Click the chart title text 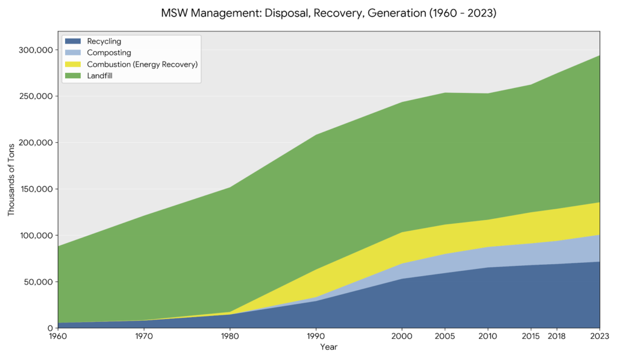click(329, 13)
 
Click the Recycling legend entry click(104, 41)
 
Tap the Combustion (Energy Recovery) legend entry click(142, 64)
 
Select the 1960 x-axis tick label click(59, 335)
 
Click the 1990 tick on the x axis click(316, 335)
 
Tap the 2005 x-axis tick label click(445, 335)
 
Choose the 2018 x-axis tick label click(557, 335)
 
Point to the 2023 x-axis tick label click(599, 335)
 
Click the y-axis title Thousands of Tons click(11, 180)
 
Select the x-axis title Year click(329, 347)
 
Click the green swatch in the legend click(73, 75)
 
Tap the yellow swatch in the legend click(73, 64)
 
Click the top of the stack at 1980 click(230, 188)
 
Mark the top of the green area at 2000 click(402, 102)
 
